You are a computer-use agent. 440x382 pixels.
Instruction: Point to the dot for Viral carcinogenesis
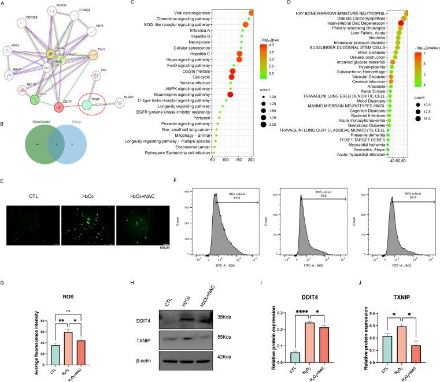pyautogui.click(x=252, y=13)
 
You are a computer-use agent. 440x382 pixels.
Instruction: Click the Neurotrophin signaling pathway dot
pyautogui.click(x=231, y=94)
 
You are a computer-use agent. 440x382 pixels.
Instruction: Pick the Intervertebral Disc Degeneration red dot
pyautogui.click(x=401, y=24)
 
